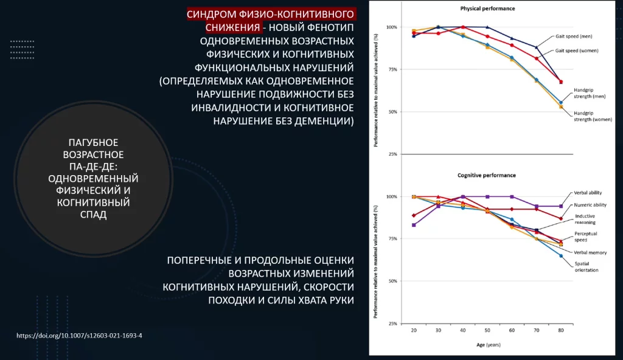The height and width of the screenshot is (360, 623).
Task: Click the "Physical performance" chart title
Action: point(487,9)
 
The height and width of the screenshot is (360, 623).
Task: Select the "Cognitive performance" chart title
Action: point(486,175)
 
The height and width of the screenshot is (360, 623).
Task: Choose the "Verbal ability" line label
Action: point(586,193)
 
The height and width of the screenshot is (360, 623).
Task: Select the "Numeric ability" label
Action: point(589,205)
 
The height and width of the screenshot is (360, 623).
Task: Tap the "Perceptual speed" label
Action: point(586,237)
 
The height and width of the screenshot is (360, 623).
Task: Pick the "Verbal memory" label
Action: point(589,252)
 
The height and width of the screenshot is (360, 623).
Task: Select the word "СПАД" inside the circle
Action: point(93,215)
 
